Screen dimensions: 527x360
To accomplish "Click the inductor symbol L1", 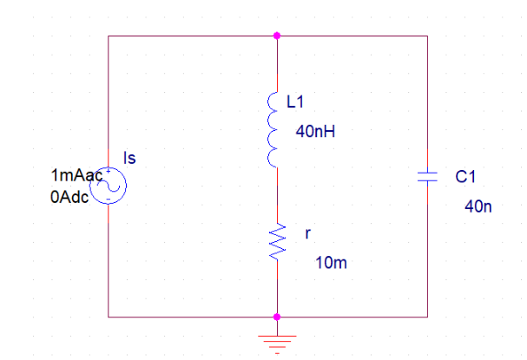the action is [x=273, y=129].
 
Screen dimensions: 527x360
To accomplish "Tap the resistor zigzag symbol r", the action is [x=277, y=241].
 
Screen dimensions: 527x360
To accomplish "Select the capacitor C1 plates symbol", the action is [x=427, y=177].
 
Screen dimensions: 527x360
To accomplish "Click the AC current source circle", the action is [x=109, y=186].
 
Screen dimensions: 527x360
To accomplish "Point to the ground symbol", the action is [x=277, y=344].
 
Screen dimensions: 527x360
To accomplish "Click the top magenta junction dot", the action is [x=277, y=36].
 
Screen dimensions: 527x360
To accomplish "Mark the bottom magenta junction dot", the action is [x=277, y=317].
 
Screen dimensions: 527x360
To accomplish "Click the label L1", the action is [x=295, y=101].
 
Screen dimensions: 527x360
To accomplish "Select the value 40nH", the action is [x=315, y=131].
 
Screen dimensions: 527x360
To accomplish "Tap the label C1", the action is [x=465, y=177].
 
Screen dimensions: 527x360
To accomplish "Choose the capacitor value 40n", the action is [x=478, y=206].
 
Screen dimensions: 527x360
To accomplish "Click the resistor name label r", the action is [x=308, y=233].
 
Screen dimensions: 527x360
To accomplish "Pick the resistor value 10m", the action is [x=331, y=263].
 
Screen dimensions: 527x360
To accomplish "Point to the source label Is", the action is [x=129, y=158].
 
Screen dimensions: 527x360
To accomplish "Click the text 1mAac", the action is [x=76, y=175].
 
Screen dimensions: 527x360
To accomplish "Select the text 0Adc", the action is [x=69, y=197].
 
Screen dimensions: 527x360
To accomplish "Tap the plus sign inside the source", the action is [x=109, y=171].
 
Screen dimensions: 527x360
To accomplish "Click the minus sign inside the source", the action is [x=109, y=200].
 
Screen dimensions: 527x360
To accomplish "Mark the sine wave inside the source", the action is [x=109, y=185].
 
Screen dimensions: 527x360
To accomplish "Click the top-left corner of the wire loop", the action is [x=109, y=36].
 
